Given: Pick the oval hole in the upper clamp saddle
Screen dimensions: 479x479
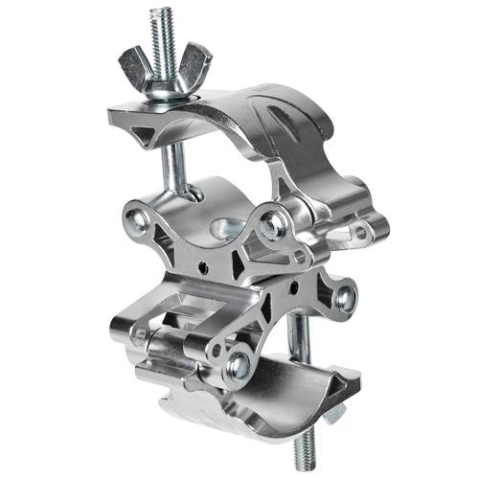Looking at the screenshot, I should pos(225,229).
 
